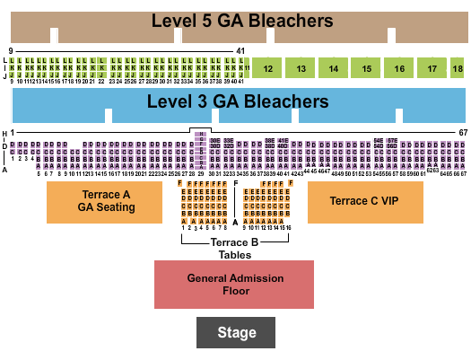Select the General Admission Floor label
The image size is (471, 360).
click(234, 285)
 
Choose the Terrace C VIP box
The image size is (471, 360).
click(364, 201)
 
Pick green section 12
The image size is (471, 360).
click(268, 68)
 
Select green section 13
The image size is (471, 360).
click(301, 68)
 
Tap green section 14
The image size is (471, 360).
click(334, 68)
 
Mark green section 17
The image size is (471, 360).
click(432, 68)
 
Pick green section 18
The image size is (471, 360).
click(458, 68)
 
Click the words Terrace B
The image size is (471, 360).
click(234, 242)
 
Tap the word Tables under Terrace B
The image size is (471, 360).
click(234, 254)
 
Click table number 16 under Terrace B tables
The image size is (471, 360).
click(288, 228)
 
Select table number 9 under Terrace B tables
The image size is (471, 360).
click(244, 228)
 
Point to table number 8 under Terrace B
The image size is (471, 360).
click(226, 228)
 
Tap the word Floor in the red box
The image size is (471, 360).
click(234, 291)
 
